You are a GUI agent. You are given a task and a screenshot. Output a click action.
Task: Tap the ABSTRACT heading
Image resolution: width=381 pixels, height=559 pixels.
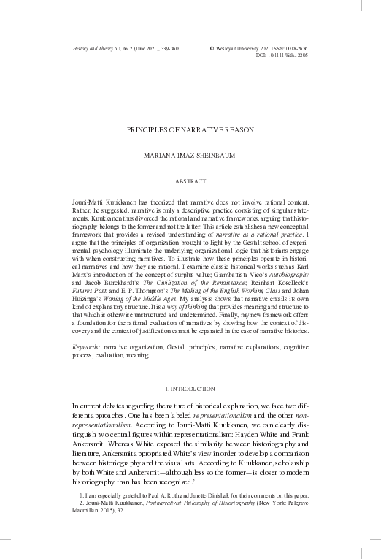(190, 180)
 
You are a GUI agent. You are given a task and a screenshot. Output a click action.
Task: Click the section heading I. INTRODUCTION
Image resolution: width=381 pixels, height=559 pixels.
(190, 386)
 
